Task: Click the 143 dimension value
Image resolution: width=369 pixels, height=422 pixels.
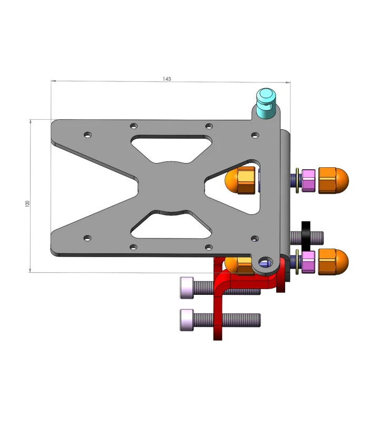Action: click(x=167, y=79)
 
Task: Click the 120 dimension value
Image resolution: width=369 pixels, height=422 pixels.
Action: click(x=27, y=204)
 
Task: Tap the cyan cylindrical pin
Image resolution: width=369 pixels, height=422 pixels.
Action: click(x=266, y=103)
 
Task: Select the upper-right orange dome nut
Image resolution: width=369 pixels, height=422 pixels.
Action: click(x=333, y=180)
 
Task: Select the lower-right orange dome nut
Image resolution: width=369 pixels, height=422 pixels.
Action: click(x=333, y=262)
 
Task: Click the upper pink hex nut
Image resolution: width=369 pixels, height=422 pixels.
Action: click(x=308, y=180)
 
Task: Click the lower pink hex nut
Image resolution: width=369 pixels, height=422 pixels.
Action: click(x=308, y=262)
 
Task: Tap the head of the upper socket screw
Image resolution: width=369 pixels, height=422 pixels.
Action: click(x=187, y=287)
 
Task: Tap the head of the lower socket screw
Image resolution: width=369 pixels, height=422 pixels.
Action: click(x=187, y=320)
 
